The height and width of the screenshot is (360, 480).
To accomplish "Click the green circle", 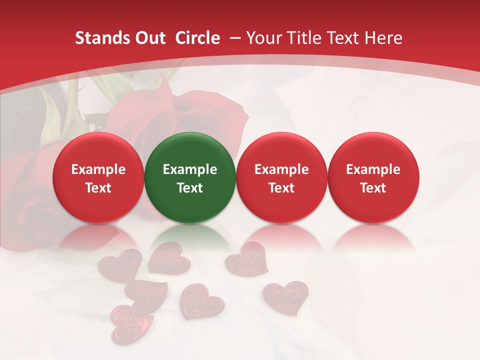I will pyautogui.click(x=190, y=177).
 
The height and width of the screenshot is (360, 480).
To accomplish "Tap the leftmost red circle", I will pyautogui.click(x=98, y=177).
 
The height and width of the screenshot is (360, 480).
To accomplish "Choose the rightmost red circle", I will pyautogui.click(x=373, y=177).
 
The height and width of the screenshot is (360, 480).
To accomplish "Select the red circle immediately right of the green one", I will pyautogui.click(x=281, y=177).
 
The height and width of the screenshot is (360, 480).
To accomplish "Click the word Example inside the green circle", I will pyautogui.click(x=190, y=169).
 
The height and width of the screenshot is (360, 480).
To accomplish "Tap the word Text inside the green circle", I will pyautogui.click(x=190, y=188).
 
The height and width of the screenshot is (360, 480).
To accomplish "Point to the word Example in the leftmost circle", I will pyautogui.click(x=98, y=169).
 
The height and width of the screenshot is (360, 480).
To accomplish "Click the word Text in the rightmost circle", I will pyautogui.click(x=373, y=188).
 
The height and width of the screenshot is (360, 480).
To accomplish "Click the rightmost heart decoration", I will pyautogui.click(x=285, y=297).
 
